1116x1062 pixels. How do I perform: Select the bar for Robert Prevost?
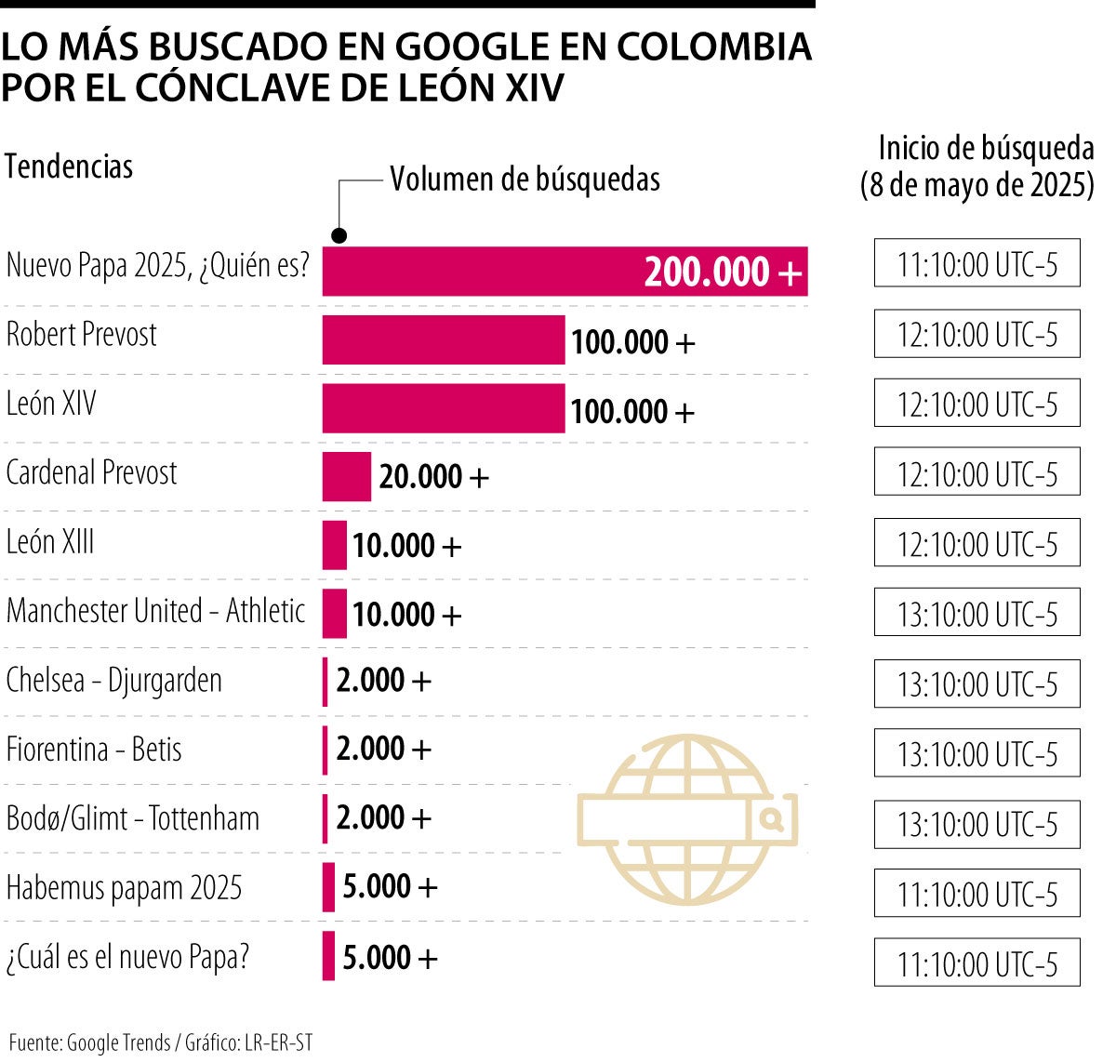pyautogui.click(x=443, y=340)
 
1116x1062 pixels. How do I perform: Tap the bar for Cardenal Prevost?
pyautogui.click(x=346, y=477)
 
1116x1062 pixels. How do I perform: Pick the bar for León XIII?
pyautogui.click(x=335, y=545)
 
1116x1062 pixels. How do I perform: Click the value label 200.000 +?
pyautogui.click(x=722, y=272)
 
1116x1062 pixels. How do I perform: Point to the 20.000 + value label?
pyautogui.click(x=433, y=477)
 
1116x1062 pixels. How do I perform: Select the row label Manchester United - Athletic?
pyautogui.click(x=156, y=611)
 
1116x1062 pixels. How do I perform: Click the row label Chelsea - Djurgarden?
pyautogui.click(x=114, y=681)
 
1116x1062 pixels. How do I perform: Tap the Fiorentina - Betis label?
pyautogui.click(x=94, y=750)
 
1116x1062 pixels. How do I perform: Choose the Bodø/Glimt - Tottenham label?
pyautogui.click(x=133, y=818)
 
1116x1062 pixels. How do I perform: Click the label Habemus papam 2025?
pyautogui.click(x=124, y=887)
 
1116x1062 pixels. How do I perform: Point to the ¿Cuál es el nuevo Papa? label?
pyautogui.click(x=128, y=957)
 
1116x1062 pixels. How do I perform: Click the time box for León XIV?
pyautogui.click(x=976, y=404)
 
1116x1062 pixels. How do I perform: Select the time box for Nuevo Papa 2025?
pyautogui.click(x=976, y=264)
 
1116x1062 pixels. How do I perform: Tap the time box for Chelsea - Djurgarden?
pyautogui.click(x=976, y=684)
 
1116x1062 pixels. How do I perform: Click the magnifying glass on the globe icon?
pyautogui.click(x=772, y=819)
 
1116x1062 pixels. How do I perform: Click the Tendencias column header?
pyautogui.click(x=69, y=167)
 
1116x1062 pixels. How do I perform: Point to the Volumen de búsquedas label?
pyautogui.click(x=525, y=179)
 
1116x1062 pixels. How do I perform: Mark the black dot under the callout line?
pyautogui.click(x=340, y=235)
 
